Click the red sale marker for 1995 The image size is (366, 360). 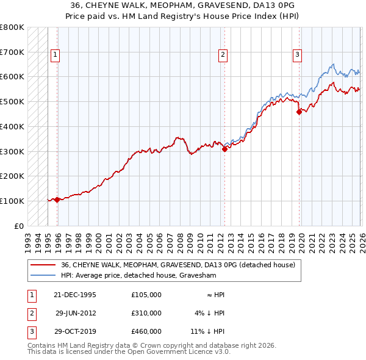pos(57,200)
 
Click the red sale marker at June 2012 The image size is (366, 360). pos(224,148)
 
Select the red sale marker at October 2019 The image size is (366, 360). pos(299,112)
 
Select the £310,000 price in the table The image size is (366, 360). pos(146,313)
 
